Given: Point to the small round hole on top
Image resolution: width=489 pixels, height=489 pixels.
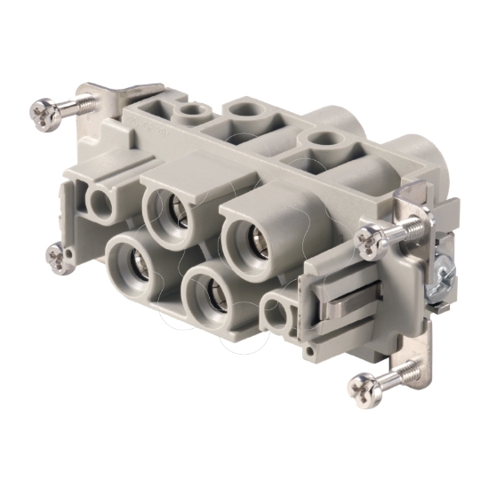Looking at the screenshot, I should point(190,113).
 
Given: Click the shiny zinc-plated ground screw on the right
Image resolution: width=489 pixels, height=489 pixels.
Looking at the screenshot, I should point(438,277).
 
